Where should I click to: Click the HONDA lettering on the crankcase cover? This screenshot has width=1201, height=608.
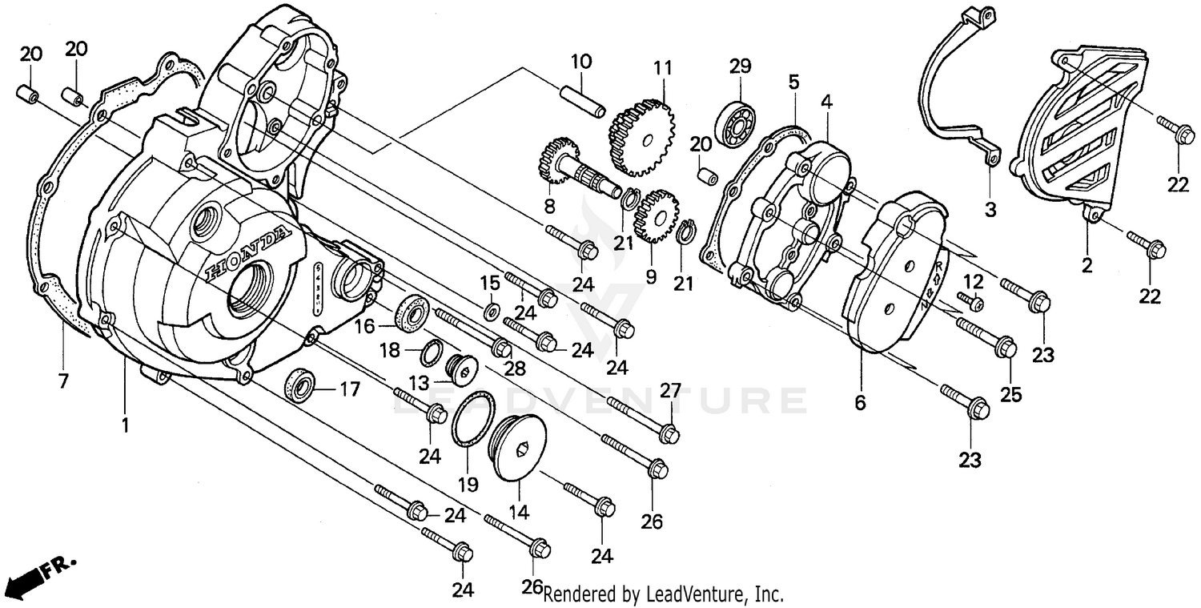(247, 255)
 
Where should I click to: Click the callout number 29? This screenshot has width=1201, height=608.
(739, 66)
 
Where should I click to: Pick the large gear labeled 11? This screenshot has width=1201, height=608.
(643, 135)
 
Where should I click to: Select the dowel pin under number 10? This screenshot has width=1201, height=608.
(591, 99)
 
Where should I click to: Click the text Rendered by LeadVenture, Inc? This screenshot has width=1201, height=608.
(663, 594)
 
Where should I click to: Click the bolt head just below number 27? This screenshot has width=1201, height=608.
(671, 435)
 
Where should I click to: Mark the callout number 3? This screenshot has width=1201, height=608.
(990, 211)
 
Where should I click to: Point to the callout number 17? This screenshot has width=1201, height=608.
(350, 390)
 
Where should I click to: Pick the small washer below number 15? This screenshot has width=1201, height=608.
(491, 309)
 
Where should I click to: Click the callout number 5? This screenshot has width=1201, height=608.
(794, 81)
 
